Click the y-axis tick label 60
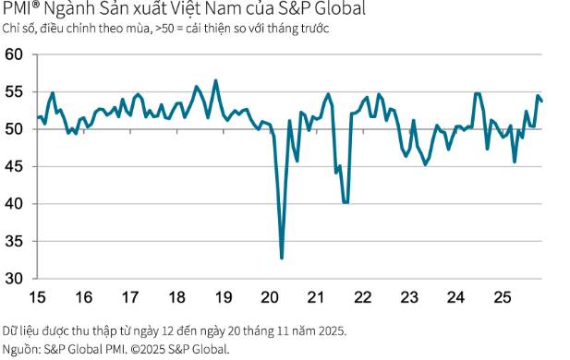coord(14,55)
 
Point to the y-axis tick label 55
coord(14,92)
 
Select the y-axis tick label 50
coord(14,129)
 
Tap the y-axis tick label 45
coord(14,167)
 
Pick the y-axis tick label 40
coord(14,204)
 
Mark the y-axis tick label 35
coord(14,241)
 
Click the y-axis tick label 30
coord(14,278)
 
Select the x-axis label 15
coord(36,297)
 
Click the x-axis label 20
coord(270,297)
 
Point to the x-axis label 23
coord(409,297)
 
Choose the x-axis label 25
coord(503,297)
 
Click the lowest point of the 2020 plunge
coord(282,258)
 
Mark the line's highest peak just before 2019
coord(216,80)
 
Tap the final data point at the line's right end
coord(541,102)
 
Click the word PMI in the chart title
coord(18,11)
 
